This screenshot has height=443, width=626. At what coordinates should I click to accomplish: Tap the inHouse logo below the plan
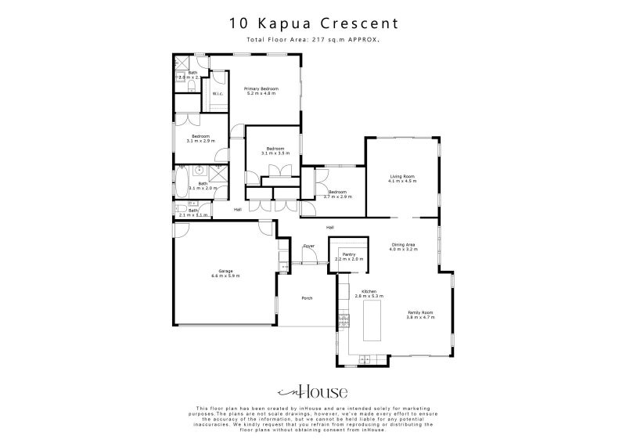(312, 392)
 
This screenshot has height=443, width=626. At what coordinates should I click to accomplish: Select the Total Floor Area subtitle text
(313, 38)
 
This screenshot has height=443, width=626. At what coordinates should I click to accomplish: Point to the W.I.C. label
(218, 94)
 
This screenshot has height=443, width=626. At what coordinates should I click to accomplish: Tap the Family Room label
(419, 315)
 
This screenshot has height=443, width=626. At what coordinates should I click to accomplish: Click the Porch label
(307, 297)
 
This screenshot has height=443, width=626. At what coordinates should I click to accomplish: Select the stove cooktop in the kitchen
(343, 319)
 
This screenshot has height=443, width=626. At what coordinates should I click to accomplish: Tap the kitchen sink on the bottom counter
(362, 358)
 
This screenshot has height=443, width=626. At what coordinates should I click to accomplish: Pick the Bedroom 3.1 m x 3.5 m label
(274, 150)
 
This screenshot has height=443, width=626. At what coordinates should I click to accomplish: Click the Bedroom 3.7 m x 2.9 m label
(338, 194)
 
